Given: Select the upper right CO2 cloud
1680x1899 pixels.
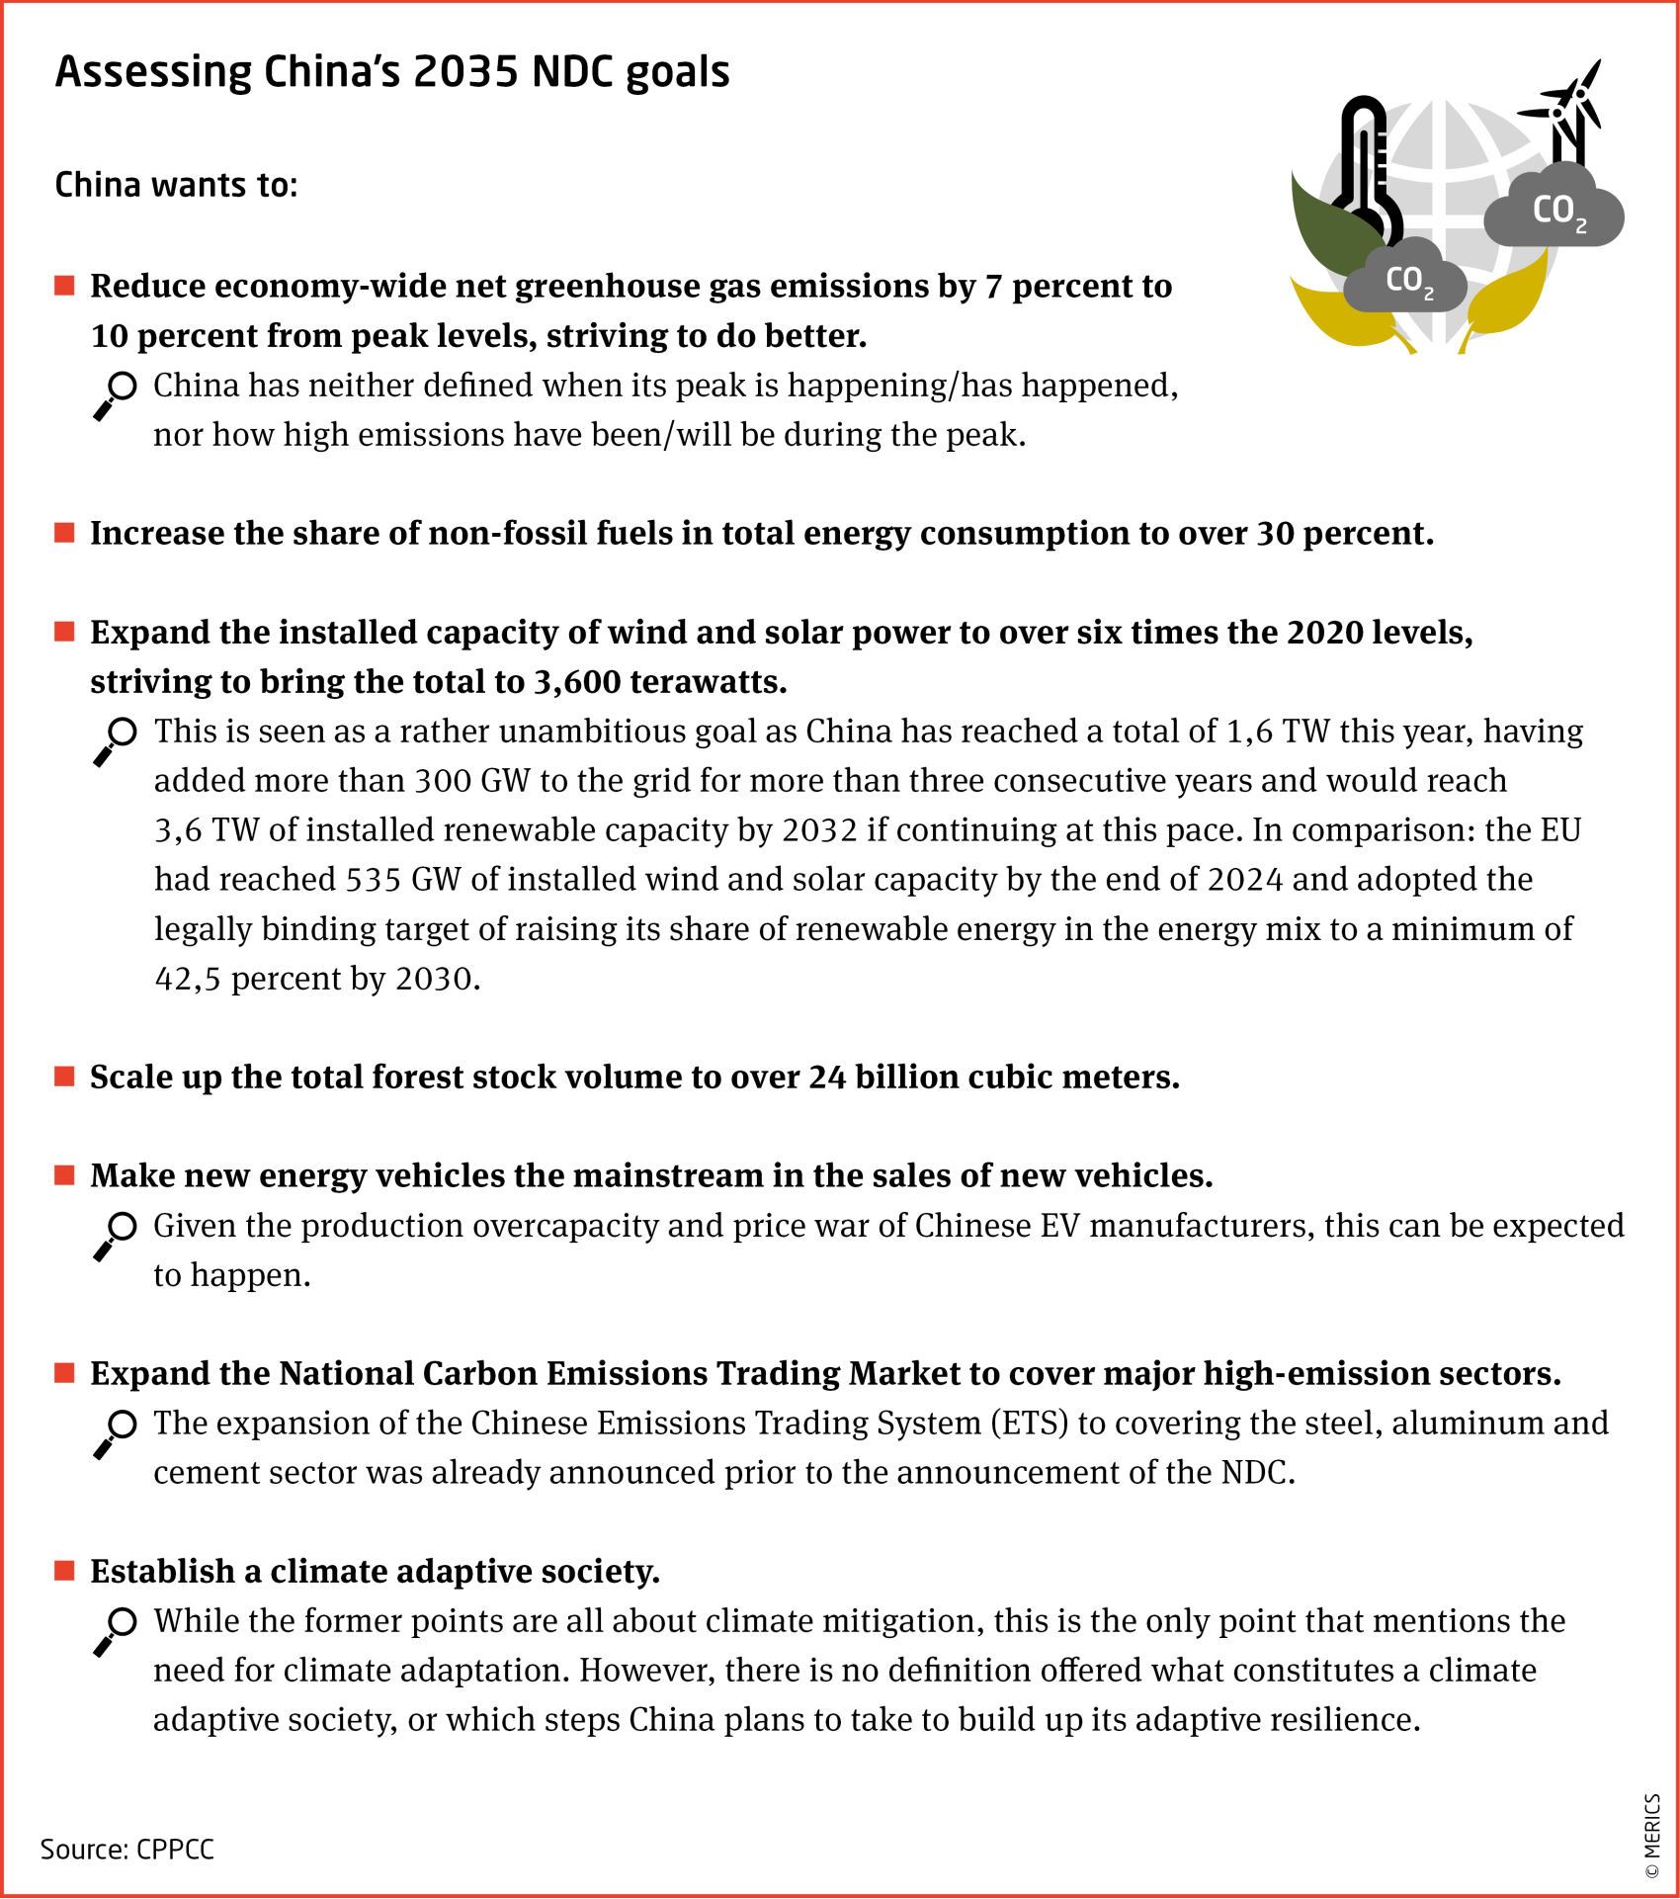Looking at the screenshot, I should click(1554, 210).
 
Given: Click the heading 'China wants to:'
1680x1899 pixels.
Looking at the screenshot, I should click(176, 185).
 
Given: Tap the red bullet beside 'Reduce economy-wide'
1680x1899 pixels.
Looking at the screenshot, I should click(65, 287).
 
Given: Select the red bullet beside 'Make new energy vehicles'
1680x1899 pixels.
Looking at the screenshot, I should click(65, 1175).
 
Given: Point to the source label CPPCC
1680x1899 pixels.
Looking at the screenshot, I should click(175, 1850).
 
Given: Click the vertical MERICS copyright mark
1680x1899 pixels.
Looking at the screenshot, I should click(1651, 1836).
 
